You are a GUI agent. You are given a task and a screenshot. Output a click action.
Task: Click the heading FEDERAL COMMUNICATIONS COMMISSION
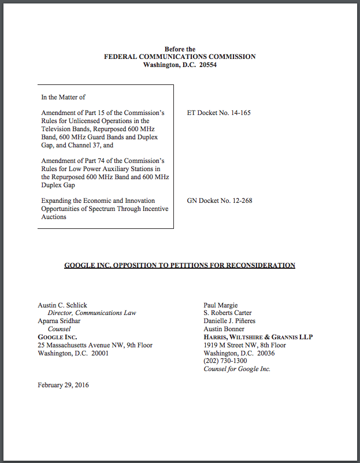tap(180, 57)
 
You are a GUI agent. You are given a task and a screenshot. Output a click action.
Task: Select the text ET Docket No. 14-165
tap(218, 113)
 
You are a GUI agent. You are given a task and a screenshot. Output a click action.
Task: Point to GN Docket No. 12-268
tap(219, 201)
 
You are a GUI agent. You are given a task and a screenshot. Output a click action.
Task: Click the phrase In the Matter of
tap(63, 97)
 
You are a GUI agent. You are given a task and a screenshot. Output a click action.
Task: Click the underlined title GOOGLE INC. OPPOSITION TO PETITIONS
tap(180, 265)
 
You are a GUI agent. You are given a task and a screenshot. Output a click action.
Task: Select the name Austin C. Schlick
tap(62, 305)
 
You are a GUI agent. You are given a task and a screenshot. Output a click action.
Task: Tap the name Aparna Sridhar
tap(60, 321)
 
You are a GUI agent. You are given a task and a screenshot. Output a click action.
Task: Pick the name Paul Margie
tap(221, 305)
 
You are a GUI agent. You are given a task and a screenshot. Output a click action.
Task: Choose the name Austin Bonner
tap(224, 329)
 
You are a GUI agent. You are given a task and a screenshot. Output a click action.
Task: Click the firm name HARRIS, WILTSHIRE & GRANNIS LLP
tap(258, 337)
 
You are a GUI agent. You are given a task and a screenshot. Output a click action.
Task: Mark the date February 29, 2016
tap(63, 385)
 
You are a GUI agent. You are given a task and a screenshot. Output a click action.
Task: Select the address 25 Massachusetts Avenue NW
tap(83, 345)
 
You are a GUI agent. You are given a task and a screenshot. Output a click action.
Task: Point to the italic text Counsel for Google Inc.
tap(237, 369)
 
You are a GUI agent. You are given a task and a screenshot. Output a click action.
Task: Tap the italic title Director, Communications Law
tap(92, 313)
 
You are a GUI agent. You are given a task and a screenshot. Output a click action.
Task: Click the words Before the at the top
tap(180, 49)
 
